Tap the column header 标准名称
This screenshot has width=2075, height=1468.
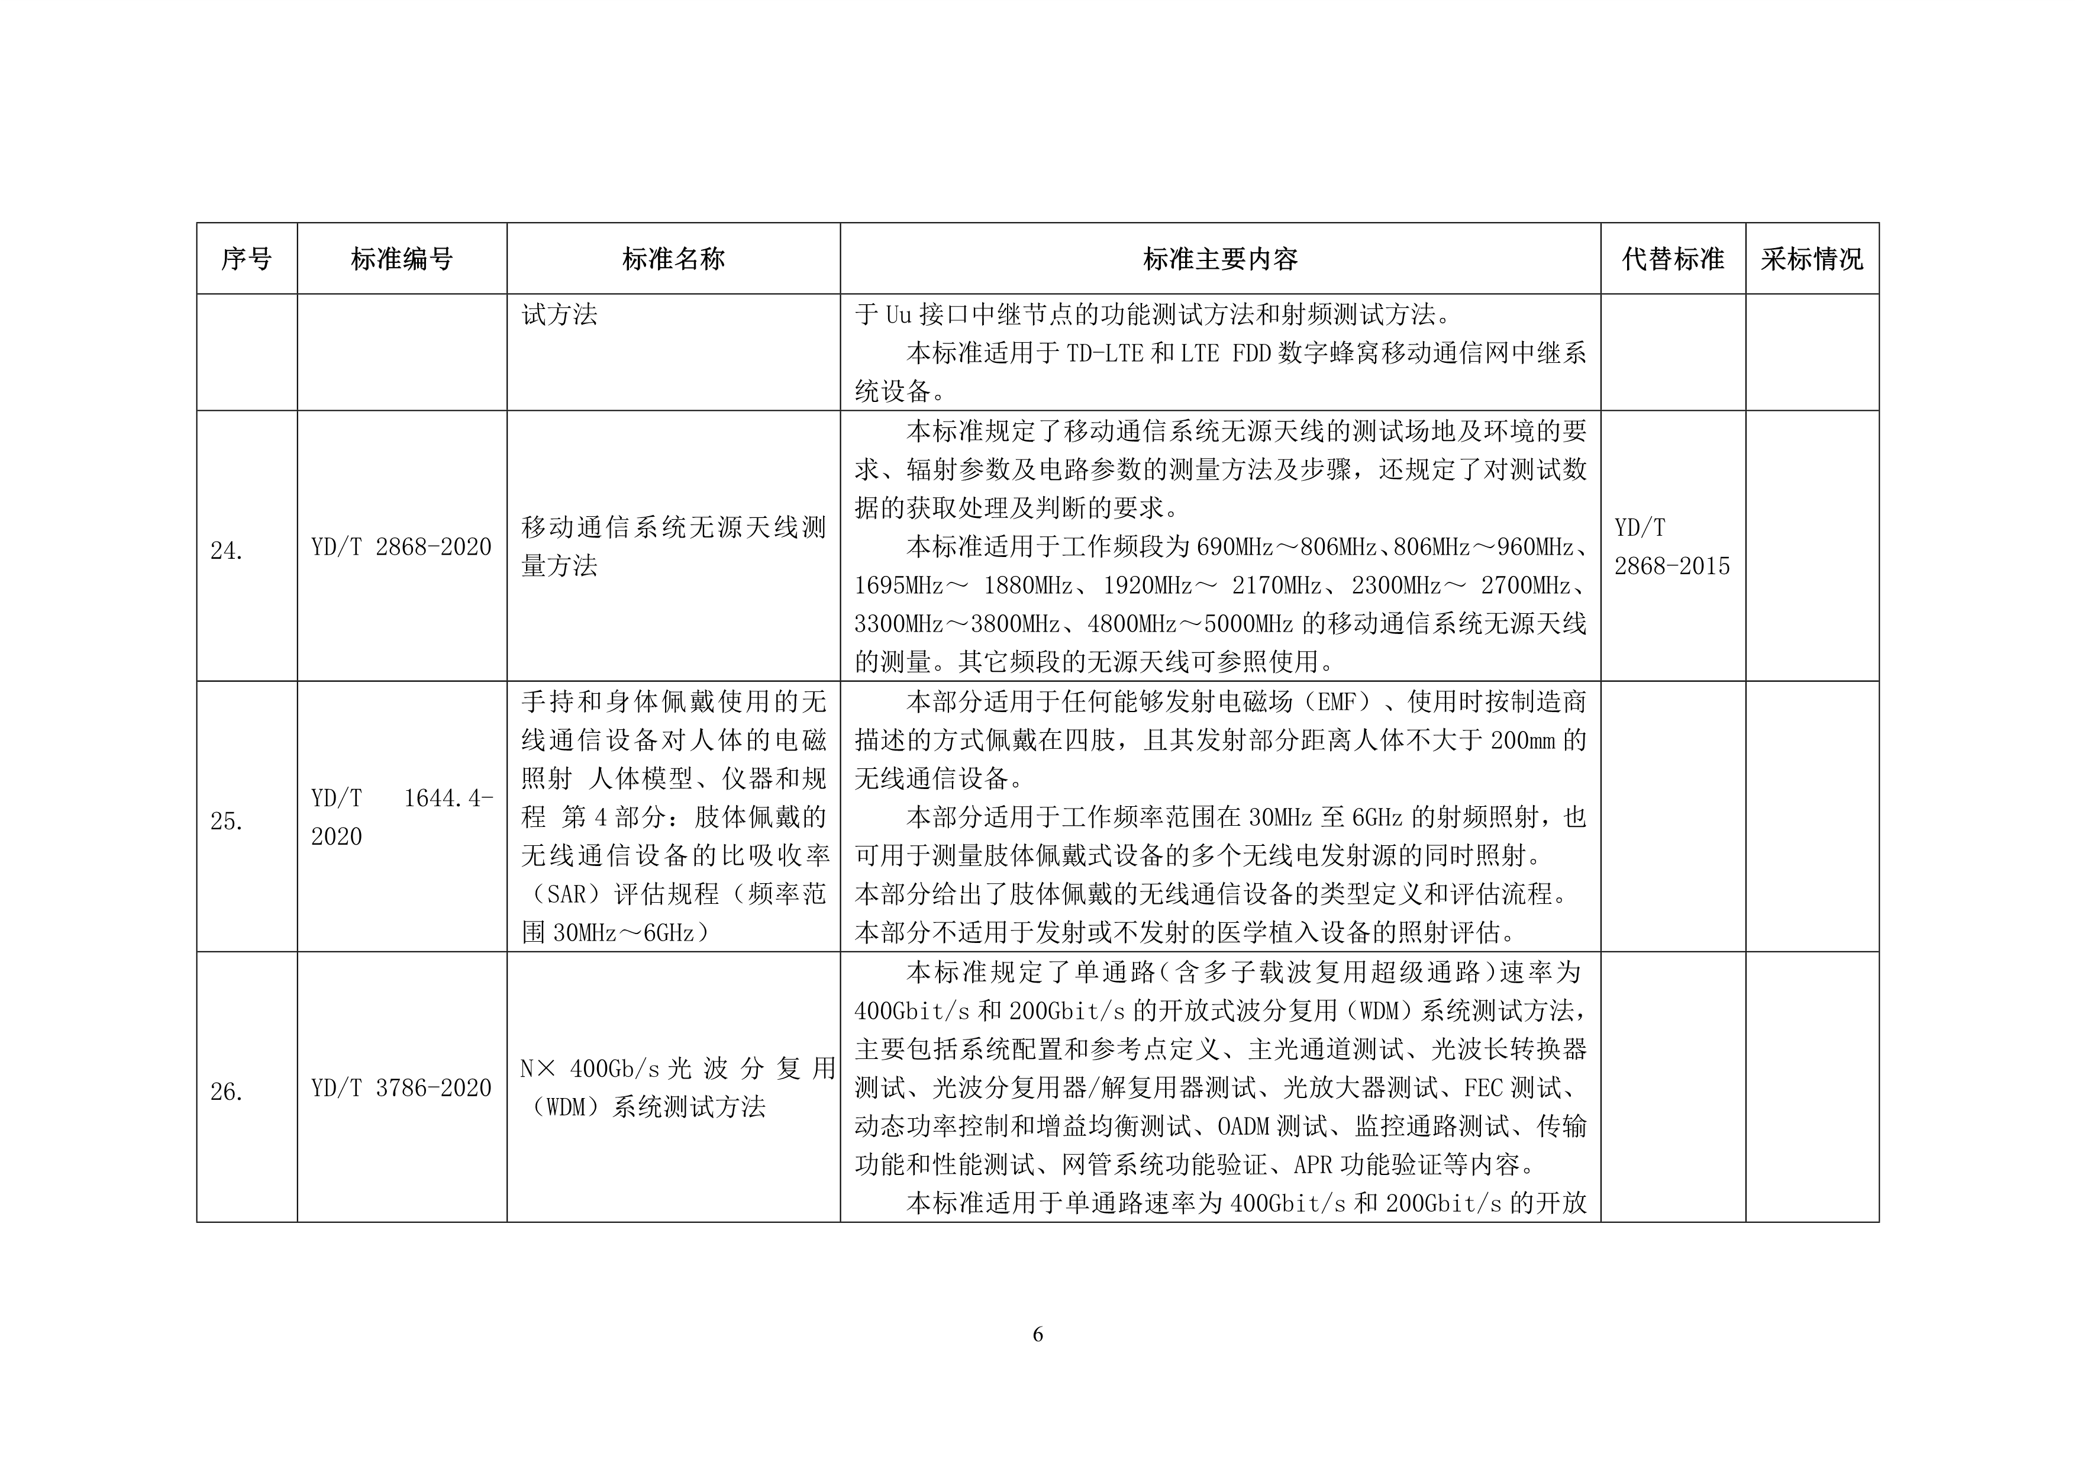pos(673,259)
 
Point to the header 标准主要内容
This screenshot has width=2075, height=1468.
pos(1220,259)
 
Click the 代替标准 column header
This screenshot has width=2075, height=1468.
pos(1673,259)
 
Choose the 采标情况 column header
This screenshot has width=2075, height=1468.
pos(1812,259)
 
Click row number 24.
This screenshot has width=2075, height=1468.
pos(227,550)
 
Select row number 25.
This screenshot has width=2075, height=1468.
pos(227,821)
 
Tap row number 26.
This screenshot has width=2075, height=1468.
pos(227,1092)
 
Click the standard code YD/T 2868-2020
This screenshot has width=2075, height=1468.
pos(401,547)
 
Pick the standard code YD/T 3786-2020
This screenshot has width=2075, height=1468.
pos(401,1089)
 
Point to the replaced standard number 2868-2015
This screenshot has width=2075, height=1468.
pos(1672,566)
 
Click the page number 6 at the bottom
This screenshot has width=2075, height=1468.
pos(1038,1334)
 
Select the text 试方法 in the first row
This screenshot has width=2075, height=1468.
pos(559,314)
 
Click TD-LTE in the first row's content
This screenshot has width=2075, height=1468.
pos(1105,353)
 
